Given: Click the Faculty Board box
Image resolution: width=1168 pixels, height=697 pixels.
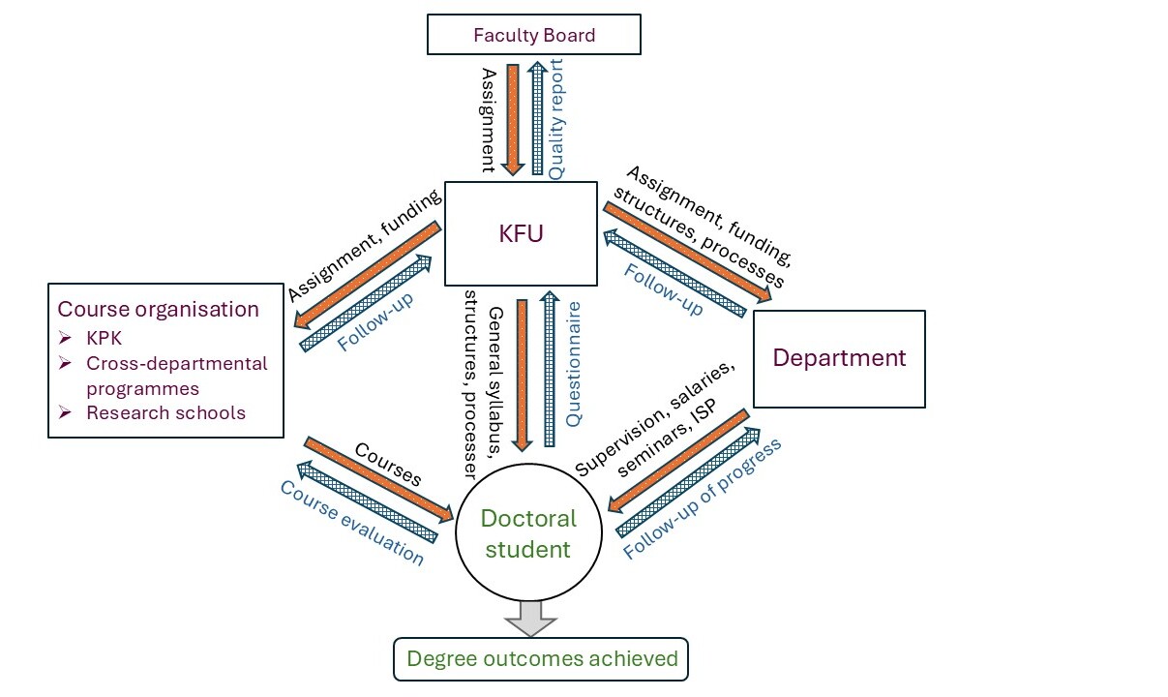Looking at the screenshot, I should [x=533, y=35].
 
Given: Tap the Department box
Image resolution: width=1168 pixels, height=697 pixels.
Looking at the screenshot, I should [x=838, y=358].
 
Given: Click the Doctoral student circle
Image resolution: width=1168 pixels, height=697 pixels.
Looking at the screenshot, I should [x=529, y=534].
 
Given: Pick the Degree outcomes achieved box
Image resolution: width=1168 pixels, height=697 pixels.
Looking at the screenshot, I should [x=541, y=659].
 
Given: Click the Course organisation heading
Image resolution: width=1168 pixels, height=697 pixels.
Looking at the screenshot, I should [x=158, y=310].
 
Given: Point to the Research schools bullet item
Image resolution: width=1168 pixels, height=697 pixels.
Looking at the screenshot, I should [x=165, y=412].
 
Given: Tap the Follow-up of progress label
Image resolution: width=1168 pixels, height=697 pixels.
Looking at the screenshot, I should [x=703, y=500].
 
